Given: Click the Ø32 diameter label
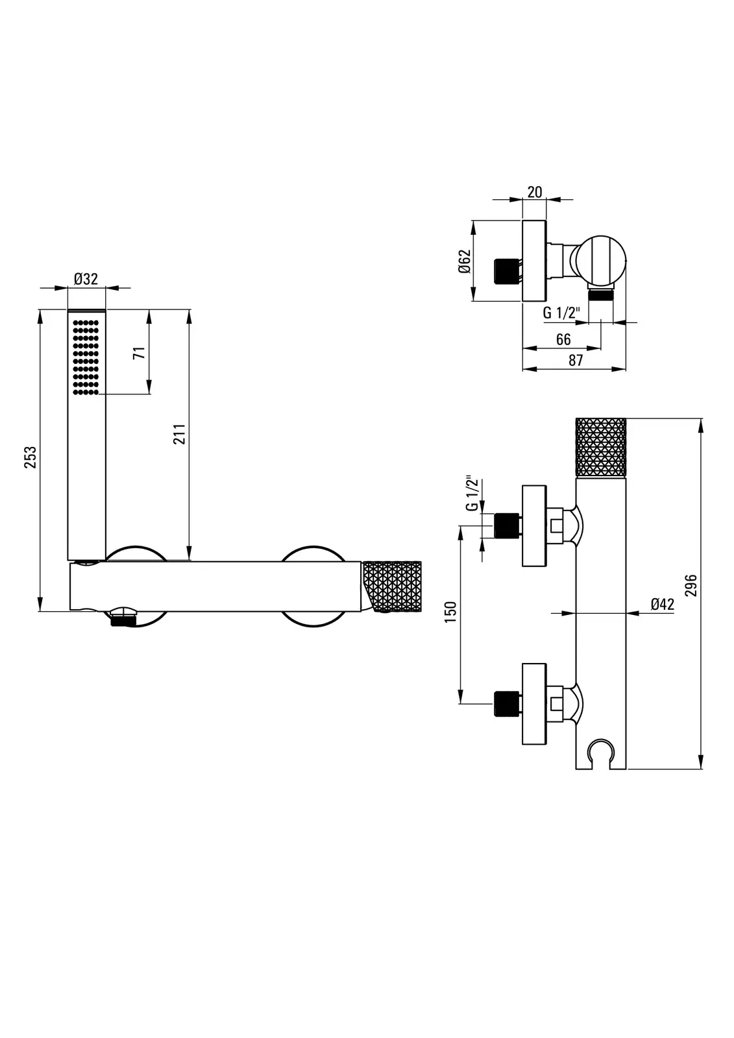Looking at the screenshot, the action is click(86, 279).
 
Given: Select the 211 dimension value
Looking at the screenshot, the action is click(179, 434).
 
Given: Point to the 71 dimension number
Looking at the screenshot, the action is click(140, 353).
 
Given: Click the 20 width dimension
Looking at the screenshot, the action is click(535, 192).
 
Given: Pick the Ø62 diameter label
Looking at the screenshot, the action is click(465, 261).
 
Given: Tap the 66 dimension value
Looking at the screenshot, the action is click(563, 340).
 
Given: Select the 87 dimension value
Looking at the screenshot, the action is click(576, 361).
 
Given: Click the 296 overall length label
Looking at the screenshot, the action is click(691, 585).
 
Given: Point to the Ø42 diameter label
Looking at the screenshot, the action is click(662, 604).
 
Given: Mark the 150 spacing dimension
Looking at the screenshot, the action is click(450, 612).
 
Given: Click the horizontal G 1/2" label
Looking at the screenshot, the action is click(561, 313).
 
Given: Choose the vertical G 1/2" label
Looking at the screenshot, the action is click(472, 492).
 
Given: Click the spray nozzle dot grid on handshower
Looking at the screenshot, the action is click(86, 357).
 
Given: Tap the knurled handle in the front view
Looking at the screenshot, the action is click(392, 586).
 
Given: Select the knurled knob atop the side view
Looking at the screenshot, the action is click(600, 447).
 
